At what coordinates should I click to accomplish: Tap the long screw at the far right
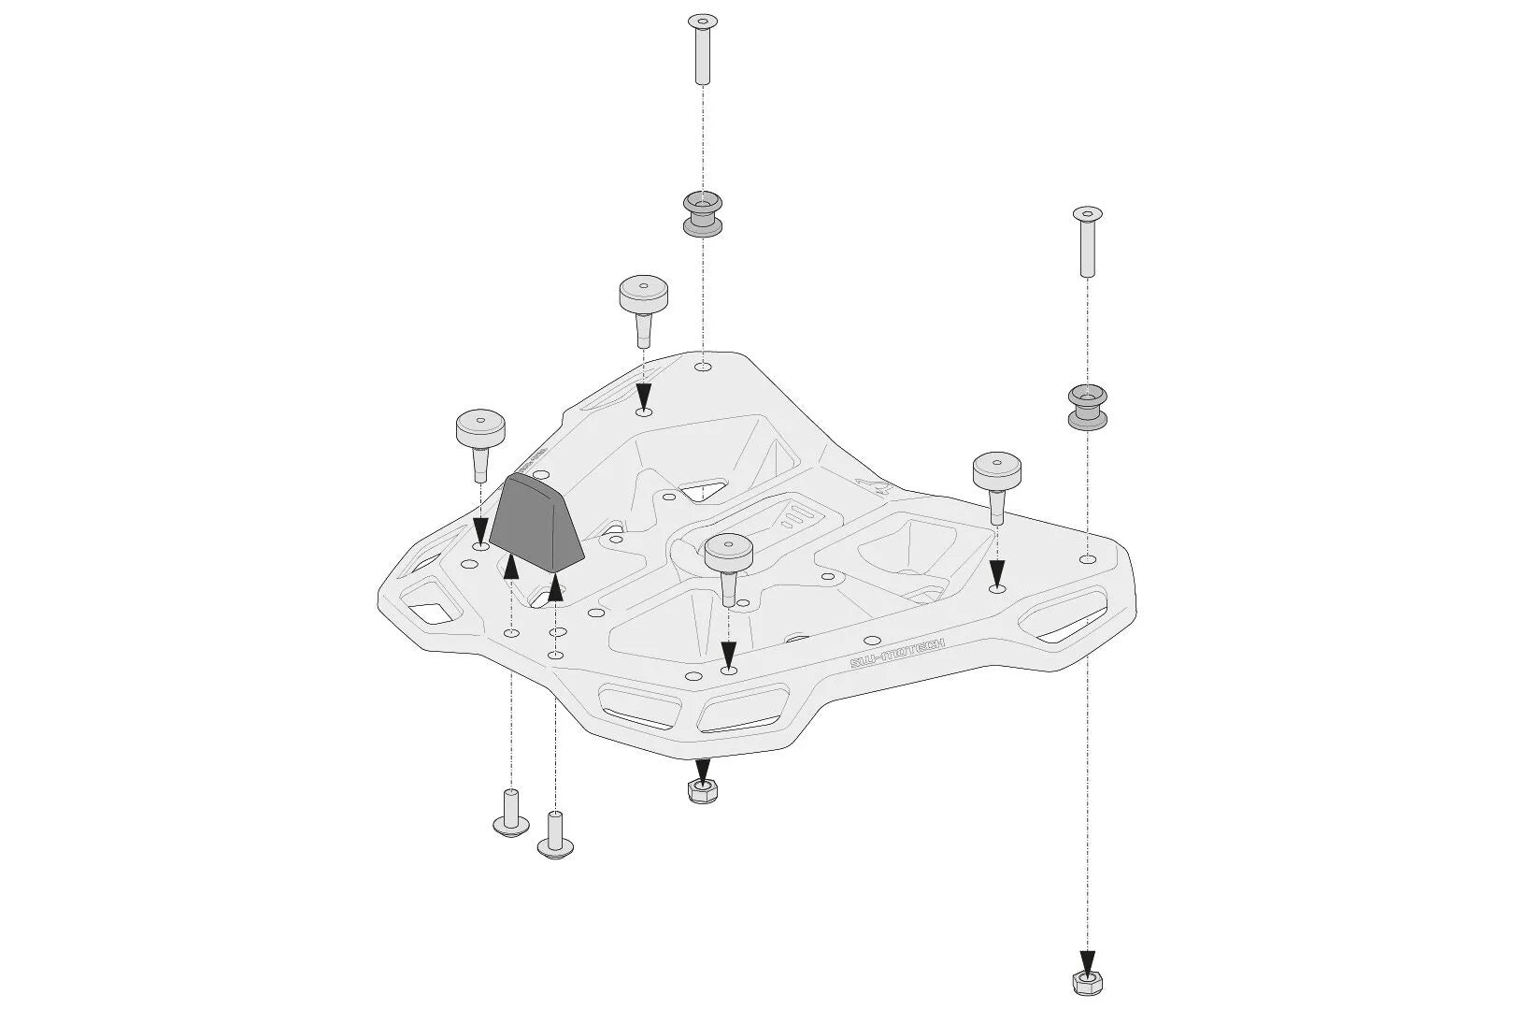1087,241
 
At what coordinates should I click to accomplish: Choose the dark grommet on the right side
1087,406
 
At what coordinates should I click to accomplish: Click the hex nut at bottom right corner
1086,981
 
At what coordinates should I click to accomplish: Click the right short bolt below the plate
555,835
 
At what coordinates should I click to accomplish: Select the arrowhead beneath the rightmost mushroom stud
996,571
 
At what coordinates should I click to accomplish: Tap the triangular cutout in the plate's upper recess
704,489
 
